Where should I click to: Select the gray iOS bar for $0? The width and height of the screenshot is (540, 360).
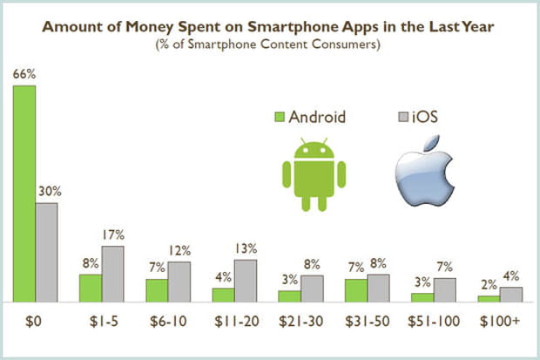click(x=46, y=253)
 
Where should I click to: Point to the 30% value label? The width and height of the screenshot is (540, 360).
click(x=47, y=192)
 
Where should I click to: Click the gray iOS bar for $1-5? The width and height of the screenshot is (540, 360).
click(x=112, y=274)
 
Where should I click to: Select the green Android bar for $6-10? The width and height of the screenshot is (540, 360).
click(x=157, y=290)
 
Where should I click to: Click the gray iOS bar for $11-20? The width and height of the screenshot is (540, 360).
click(x=245, y=281)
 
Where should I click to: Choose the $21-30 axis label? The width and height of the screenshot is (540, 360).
click(x=300, y=322)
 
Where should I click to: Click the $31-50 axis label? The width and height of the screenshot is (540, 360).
click(x=366, y=322)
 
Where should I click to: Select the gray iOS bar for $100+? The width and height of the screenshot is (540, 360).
click(x=510, y=295)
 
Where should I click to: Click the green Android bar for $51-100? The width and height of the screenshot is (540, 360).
click(x=422, y=297)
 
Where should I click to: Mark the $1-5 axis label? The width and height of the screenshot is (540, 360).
click(x=103, y=322)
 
